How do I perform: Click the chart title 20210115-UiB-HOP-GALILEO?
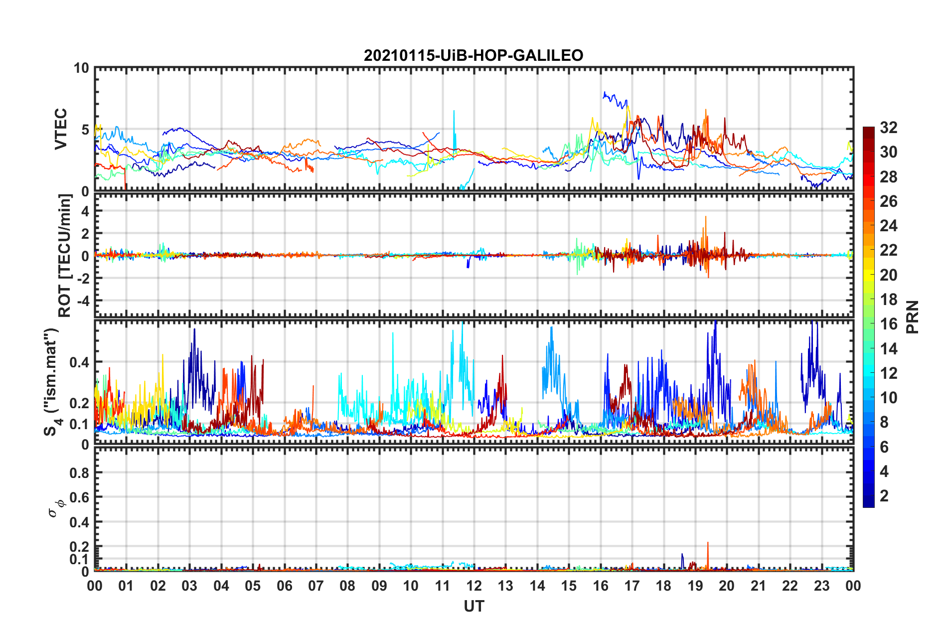point(474,55)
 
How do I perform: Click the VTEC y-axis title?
point(61,129)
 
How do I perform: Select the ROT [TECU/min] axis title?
point(65,256)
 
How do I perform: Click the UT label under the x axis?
point(474,606)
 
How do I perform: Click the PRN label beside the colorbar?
point(912,317)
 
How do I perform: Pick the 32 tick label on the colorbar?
point(888,128)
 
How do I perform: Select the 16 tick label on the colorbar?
point(888,324)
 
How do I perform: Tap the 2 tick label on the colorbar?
point(884,496)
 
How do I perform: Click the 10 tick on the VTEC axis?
point(81,68)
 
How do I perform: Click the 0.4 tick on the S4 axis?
point(80,362)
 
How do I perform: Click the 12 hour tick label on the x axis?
point(474,586)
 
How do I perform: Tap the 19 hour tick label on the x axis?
point(695,586)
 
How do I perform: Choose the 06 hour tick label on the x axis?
point(285,586)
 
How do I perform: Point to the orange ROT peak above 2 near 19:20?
point(706,218)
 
